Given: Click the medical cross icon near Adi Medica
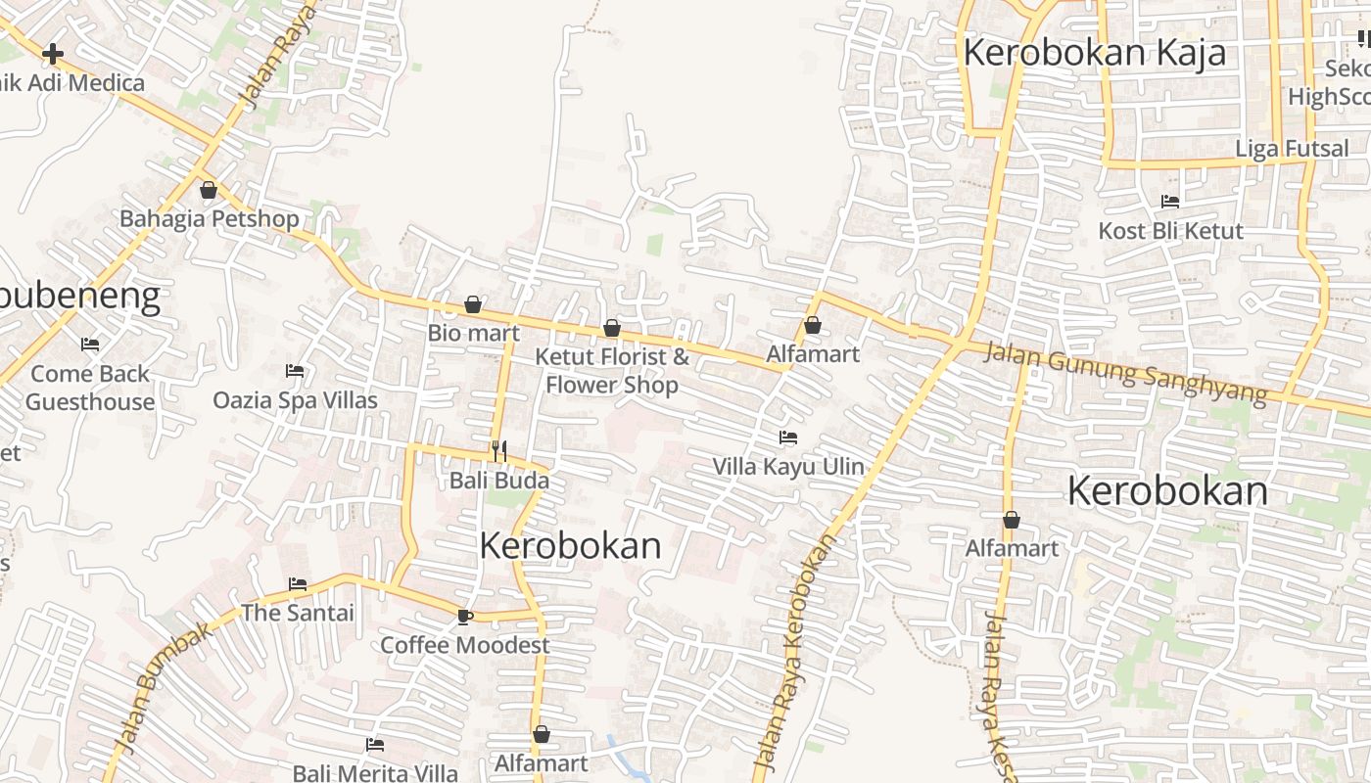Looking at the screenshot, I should [x=53, y=53].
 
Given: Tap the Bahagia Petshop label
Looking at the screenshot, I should [x=209, y=218].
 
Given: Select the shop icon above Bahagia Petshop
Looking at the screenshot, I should [x=208, y=190].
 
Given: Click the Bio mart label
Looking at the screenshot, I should [x=473, y=333].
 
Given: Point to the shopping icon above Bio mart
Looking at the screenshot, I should [x=473, y=304].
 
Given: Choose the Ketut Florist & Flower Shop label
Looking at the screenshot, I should [x=612, y=371].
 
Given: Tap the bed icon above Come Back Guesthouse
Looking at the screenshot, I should [x=90, y=345].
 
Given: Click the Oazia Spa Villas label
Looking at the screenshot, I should [x=295, y=399].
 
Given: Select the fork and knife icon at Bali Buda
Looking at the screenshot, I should [x=499, y=450].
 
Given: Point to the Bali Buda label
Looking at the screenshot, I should [x=499, y=481].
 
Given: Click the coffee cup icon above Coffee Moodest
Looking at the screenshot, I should [x=465, y=617].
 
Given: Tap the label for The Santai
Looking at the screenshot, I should [x=298, y=613].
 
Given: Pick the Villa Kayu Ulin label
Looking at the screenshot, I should [x=788, y=466].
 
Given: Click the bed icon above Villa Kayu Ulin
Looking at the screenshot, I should [x=788, y=438].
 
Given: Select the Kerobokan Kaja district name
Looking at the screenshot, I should [x=1094, y=53].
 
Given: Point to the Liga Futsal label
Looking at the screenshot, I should [x=1292, y=149].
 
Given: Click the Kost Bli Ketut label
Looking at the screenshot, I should [x=1170, y=231].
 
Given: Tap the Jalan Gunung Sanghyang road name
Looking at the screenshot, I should [x=1125, y=371].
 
